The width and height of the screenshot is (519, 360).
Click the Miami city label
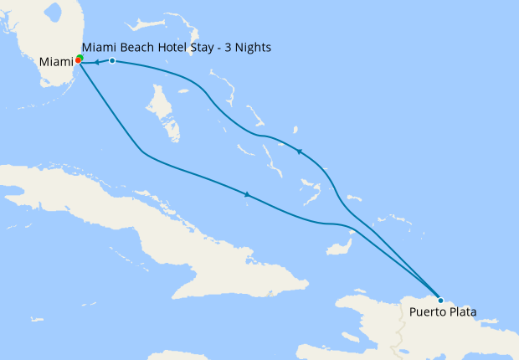click(56, 62)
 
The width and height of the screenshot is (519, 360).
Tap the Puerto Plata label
click(443, 312)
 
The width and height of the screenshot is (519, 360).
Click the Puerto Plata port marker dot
click(441, 300)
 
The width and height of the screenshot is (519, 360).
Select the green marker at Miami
click(80, 58)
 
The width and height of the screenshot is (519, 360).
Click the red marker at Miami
click(77, 61)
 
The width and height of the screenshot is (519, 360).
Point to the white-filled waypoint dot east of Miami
click(112, 61)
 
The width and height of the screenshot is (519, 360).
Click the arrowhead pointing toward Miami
click(96, 62)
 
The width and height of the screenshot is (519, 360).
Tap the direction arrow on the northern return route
click(300, 152)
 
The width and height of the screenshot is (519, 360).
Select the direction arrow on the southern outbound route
click(247, 194)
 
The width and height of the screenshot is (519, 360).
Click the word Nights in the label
click(252, 47)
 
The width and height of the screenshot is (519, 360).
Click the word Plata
click(461, 312)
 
